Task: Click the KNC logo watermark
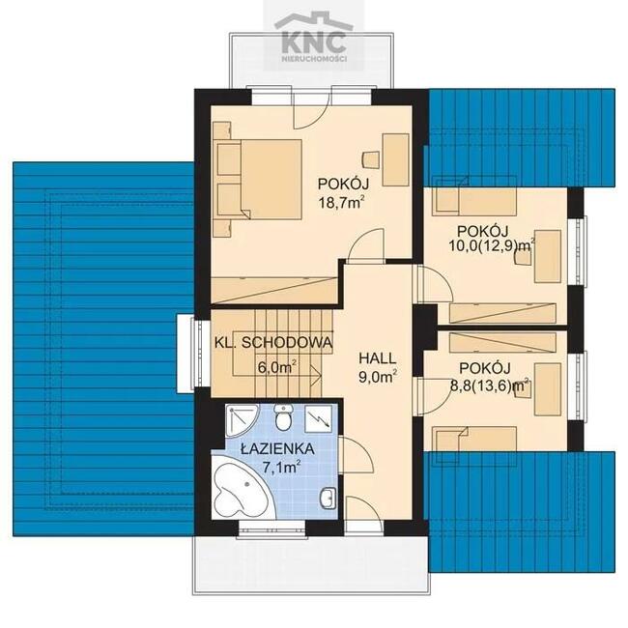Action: coord(314,40)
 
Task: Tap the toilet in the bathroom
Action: coord(284,417)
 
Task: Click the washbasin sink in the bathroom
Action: coord(328,498)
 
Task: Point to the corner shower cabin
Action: coord(241,421)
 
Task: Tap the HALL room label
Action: coord(378,358)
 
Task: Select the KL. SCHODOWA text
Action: coord(273,342)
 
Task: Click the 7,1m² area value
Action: coord(282,467)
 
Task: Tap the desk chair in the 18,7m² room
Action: coord(370,159)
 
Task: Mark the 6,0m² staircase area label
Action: coord(277,367)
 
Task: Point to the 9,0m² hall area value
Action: coord(378,377)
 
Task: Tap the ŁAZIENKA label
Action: coord(277,449)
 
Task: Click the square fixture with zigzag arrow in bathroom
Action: coord(319,418)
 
